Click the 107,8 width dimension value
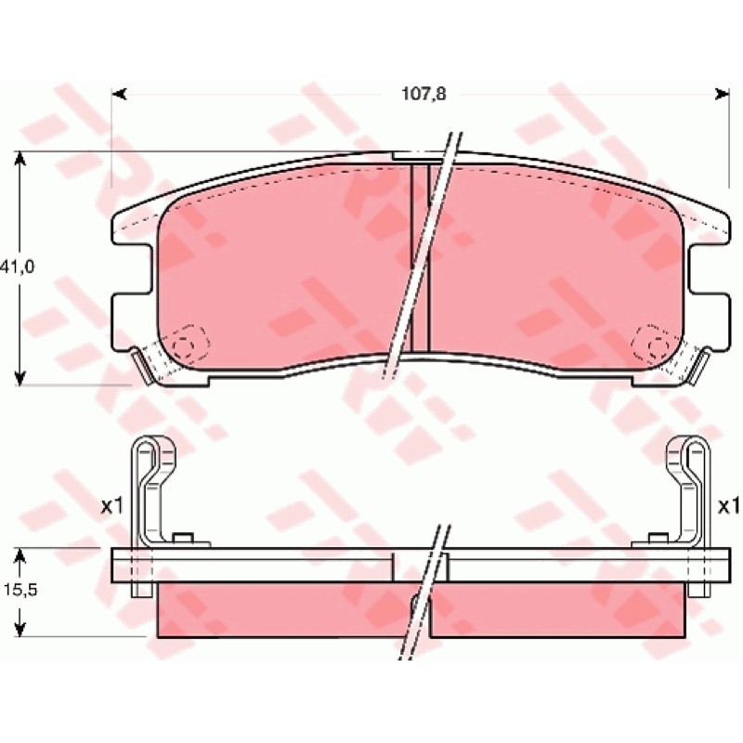point(424,95)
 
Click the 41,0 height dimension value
point(18,267)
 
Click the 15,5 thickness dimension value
point(20,591)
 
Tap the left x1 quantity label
point(111,507)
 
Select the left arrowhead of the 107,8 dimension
point(119,95)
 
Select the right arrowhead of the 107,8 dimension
point(722,95)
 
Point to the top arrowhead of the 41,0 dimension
point(20,160)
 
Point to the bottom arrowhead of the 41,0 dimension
point(20,377)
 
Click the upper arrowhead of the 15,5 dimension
point(20,556)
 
